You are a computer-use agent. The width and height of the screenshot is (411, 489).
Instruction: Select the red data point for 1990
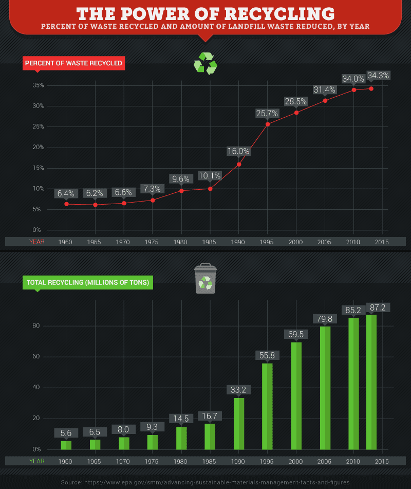[239, 165]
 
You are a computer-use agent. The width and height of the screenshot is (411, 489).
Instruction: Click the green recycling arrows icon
[205, 64]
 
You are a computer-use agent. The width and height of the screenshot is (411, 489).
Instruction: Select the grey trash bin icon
[206, 279]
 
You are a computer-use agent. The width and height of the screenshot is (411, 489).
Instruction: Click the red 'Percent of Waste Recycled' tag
[73, 64]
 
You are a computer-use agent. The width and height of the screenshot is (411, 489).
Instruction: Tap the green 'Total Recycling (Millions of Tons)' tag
[87, 282]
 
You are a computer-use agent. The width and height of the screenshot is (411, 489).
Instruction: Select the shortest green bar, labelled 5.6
[66, 445]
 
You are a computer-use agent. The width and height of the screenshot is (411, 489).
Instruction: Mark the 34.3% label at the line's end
[378, 76]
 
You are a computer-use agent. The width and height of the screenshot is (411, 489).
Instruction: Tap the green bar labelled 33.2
[239, 424]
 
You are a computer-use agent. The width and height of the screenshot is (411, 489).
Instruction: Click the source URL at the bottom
[206, 482]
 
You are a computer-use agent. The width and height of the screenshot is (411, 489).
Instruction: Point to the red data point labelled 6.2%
[95, 205]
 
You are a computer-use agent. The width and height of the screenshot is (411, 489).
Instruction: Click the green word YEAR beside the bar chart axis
[36, 461]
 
